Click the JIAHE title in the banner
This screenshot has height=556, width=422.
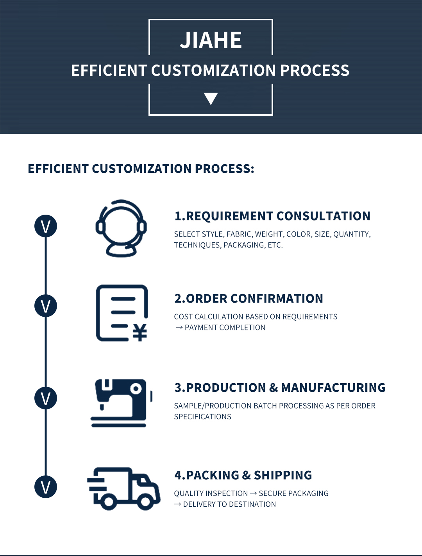coord(211,40)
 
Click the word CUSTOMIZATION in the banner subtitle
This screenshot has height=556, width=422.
coord(213,70)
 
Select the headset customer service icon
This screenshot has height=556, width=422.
coord(121,228)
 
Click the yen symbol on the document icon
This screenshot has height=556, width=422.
coord(140,332)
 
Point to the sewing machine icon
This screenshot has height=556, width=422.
coord(122,403)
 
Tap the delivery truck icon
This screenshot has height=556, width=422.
coord(124,489)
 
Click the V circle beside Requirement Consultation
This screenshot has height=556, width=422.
coord(46,226)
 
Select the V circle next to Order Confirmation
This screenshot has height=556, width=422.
coord(46,306)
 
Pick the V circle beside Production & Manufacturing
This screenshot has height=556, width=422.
coord(46,398)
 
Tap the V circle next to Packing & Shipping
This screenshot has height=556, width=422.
coord(46,487)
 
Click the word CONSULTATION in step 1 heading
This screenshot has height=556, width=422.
coord(323,216)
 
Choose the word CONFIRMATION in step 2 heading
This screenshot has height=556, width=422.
coord(276,298)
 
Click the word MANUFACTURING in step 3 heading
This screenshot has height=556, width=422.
coord(333,387)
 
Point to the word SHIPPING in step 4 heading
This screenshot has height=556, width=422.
coord(283,475)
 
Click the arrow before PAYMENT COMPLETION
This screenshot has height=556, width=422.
coord(179,328)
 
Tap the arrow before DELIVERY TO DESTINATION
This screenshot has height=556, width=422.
coord(178,504)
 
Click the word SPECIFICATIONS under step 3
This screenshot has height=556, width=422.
coord(202,417)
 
